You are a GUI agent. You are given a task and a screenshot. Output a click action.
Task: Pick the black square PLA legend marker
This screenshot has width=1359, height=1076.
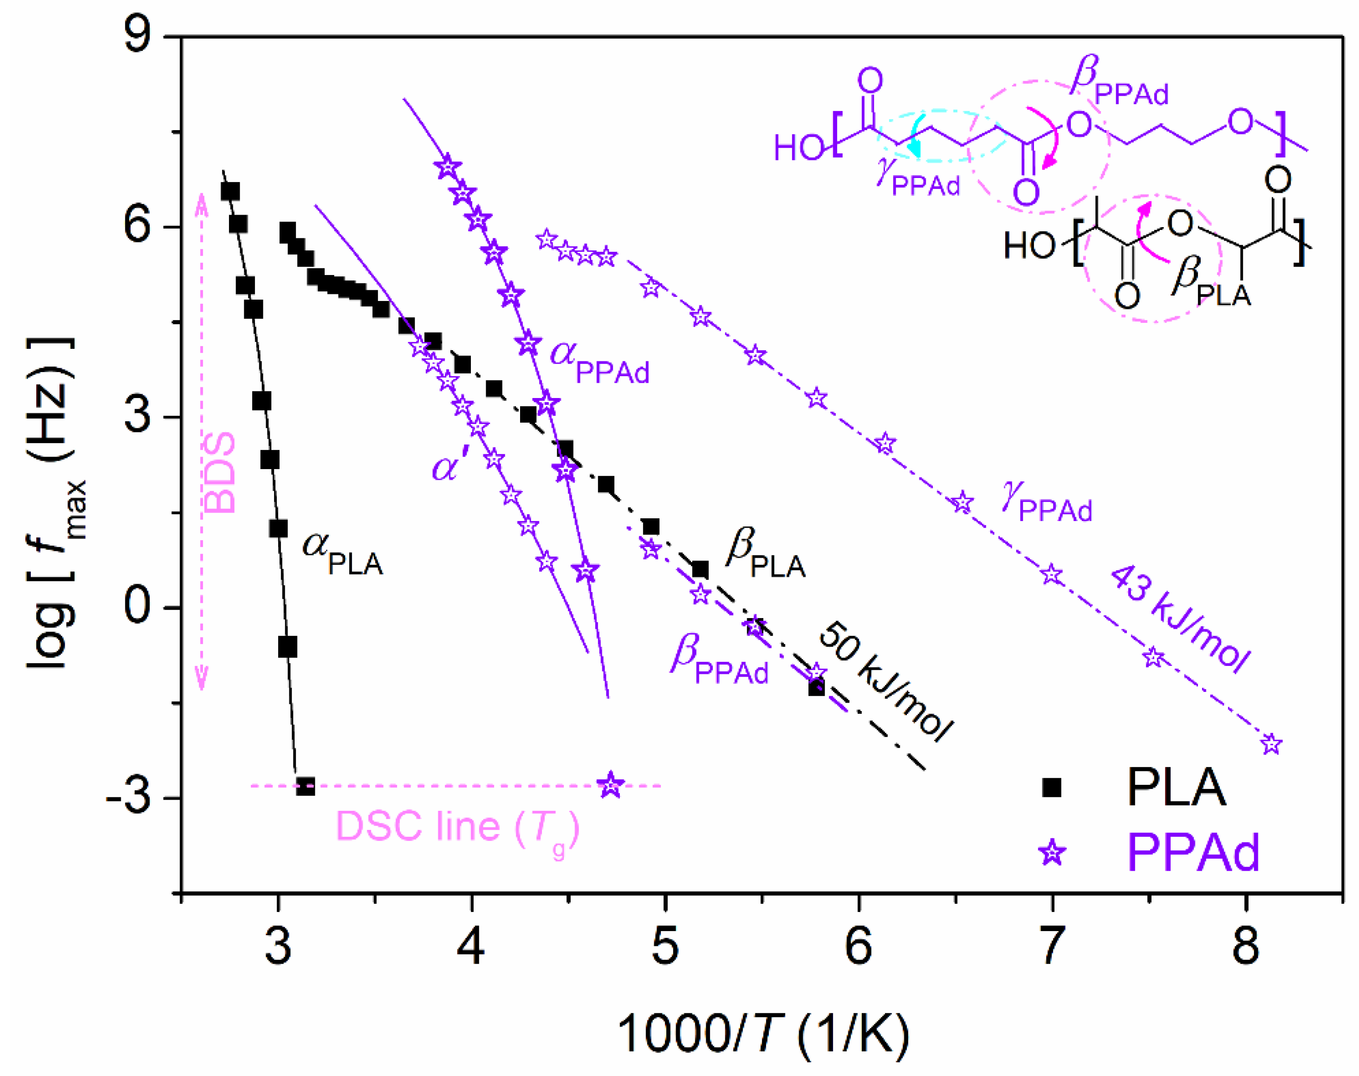[1051, 788]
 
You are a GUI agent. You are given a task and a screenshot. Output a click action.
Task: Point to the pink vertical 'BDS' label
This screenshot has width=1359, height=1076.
[220, 472]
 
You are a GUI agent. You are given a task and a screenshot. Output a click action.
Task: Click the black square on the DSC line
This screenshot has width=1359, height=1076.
[305, 786]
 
